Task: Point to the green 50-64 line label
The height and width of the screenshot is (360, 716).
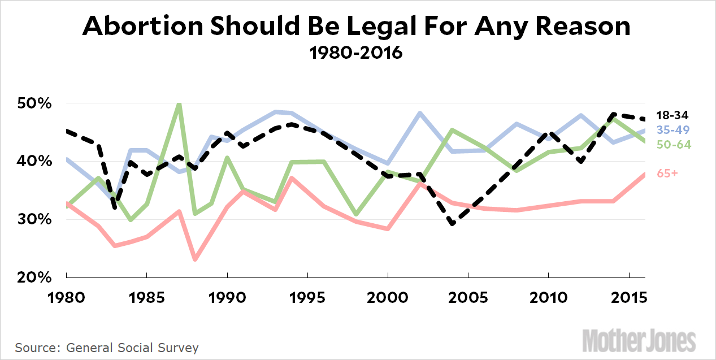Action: click(673, 145)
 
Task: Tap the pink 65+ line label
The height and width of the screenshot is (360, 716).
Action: click(667, 174)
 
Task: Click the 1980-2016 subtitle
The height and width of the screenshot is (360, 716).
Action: click(356, 54)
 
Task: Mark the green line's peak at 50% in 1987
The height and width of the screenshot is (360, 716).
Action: click(179, 104)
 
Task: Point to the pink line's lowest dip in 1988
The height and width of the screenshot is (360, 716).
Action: click(195, 259)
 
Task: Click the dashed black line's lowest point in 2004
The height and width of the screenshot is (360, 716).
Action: click(452, 224)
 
